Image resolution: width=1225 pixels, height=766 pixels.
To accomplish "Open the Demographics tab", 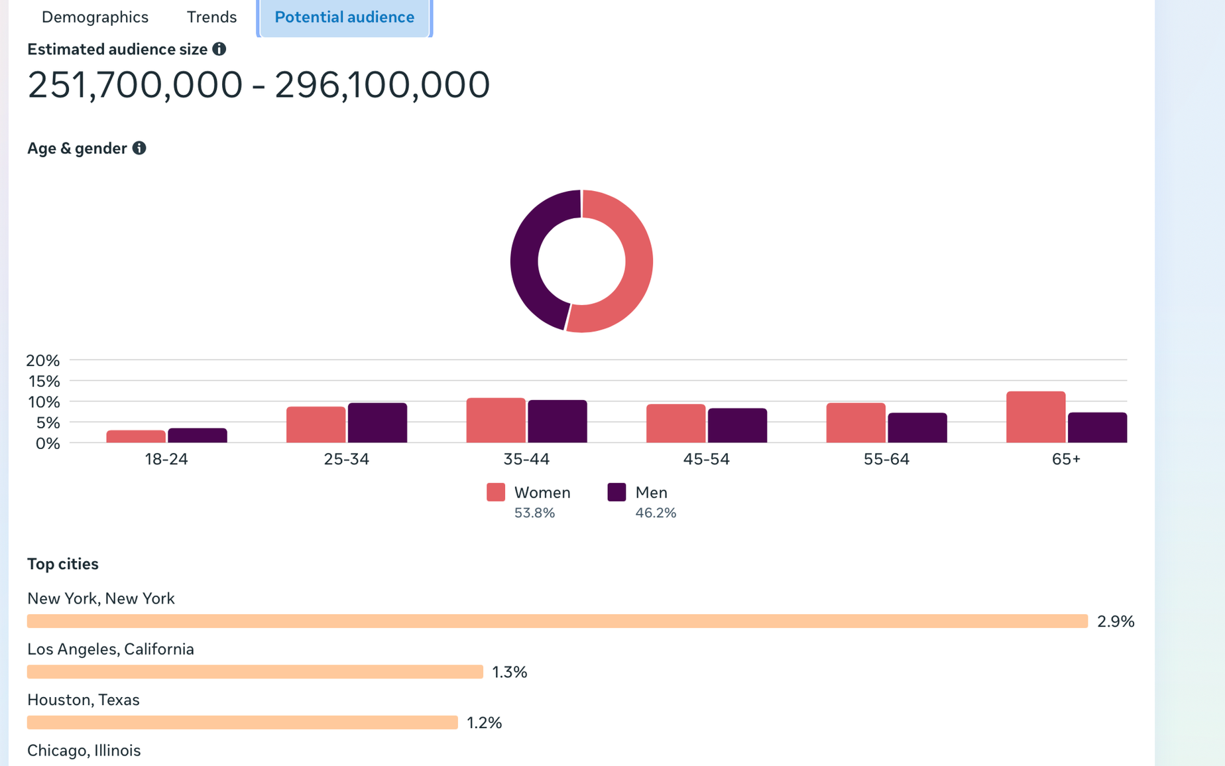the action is tap(95, 17).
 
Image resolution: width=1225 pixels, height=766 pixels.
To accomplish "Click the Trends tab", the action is tap(211, 17).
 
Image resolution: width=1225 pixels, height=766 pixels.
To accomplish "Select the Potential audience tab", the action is tap(345, 17).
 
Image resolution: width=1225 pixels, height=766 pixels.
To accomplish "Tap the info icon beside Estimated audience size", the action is tap(219, 49).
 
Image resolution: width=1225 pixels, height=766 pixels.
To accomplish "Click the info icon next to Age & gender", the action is tap(139, 148).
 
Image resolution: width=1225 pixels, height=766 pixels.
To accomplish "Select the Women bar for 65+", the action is tap(1035, 417).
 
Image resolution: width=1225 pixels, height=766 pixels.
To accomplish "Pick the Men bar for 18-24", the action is tap(198, 436).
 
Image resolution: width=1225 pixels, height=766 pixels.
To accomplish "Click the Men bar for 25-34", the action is tap(377, 423).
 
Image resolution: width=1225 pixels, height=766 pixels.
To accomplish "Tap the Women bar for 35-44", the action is tap(496, 420).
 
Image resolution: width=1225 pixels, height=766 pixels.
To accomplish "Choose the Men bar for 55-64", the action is tap(917, 428).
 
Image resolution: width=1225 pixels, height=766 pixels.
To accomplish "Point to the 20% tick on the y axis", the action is tap(43, 360).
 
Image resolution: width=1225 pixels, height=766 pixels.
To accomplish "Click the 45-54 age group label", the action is tap(706, 459).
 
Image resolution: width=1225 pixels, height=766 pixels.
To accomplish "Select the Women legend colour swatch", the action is tap(496, 492).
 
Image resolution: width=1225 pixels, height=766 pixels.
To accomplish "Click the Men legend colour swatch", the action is tap(616, 492).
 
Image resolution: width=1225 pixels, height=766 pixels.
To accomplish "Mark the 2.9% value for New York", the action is tap(1116, 621).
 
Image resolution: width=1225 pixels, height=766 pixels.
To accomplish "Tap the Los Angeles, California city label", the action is tap(111, 649).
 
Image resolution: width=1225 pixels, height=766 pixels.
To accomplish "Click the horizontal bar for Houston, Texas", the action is tap(243, 722).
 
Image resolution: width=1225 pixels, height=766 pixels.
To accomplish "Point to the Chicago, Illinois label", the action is tap(84, 750).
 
